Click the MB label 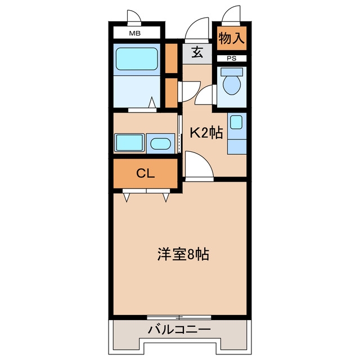(x=135, y=33)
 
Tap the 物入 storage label (x=231, y=38)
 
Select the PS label (x=231, y=58)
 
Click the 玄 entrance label (x=197, y=52)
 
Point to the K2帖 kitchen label (x=206, y=133)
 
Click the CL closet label (x=145, y=173)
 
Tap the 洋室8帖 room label (x=183, y=254)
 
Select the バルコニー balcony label (x=179, y=330)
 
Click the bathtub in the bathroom (x=137, y=58)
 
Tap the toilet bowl (x=232, y=85)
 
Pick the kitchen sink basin (x=236, y=122)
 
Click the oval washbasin (x=160, y=144)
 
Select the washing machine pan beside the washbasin (x=129, y=142)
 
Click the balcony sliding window (x=179, y=317)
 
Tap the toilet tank (x=232, y=72)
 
